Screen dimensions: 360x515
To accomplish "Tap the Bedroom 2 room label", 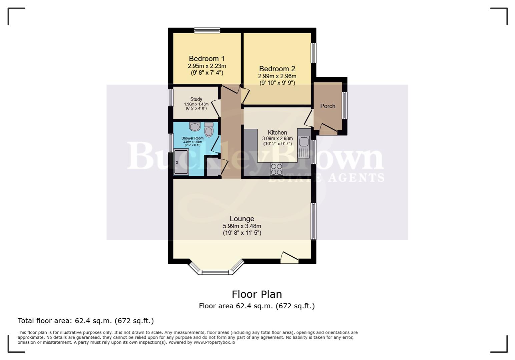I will tap(277, 69).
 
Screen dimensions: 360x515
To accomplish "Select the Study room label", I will tap(196, 99).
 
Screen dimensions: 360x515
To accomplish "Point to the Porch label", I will tap(328, 106).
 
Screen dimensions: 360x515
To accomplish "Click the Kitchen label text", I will tap(277, 132).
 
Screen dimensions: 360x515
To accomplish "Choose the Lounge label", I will tap(242, 219).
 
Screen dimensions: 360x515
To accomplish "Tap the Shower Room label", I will tap(192, 138).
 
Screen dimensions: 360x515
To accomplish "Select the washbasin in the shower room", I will tap(194, 127).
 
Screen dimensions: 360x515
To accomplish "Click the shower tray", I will tap(181, 162).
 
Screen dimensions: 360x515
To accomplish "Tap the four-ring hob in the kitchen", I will tap(276, 169).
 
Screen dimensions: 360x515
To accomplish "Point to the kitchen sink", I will tap(304, 142).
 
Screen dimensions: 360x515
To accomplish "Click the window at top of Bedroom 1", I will tap(207, 30).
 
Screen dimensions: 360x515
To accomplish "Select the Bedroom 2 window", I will tap(314, 53).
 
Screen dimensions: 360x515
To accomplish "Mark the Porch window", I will tap(345, 105).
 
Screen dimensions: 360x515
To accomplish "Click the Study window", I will tap(170, 97).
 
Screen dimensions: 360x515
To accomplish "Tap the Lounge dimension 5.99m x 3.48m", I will tap(242, 226).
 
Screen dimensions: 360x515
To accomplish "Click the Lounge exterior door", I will tap(289, 258).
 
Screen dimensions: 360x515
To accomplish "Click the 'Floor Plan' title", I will tap(257, 294).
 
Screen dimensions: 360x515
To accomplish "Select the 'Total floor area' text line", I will tap(86, 321).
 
